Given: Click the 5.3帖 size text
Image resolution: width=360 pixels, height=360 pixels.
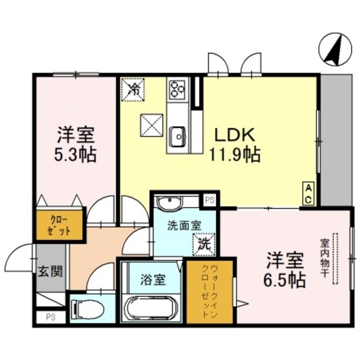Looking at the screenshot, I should coord(75,154).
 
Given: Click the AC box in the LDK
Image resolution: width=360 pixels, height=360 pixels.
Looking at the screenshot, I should coord(309,193).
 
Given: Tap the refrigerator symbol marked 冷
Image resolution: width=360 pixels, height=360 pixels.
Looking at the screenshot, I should coord(134,88).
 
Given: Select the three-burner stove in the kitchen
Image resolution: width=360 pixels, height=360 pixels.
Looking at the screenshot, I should coord(178,88).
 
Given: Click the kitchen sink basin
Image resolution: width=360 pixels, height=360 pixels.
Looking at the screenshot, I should coord(178,136).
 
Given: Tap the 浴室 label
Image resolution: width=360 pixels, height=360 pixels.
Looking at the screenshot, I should coord(151,278).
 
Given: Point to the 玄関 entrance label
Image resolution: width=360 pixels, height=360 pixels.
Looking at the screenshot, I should coord(50,272).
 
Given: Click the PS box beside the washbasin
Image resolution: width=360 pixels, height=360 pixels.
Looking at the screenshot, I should coord(209,199).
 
